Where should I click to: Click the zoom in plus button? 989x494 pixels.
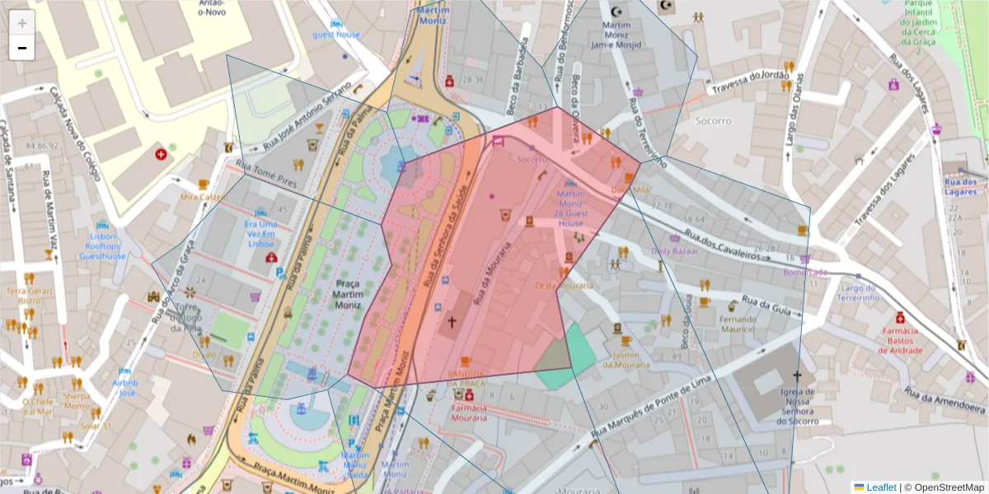[22, 23]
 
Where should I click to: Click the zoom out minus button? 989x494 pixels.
[22, 49]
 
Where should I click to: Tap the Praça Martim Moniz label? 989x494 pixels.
[348, 293]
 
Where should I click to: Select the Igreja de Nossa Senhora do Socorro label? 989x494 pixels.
[797, 407]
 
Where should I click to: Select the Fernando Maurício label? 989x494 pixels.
[738, 324]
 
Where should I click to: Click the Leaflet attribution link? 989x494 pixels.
[880, 487]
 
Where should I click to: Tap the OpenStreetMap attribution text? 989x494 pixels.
[948, 487]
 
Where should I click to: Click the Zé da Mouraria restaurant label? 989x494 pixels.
[564, 286]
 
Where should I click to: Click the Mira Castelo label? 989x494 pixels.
[203, 198]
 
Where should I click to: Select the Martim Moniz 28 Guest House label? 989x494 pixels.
[570, 208]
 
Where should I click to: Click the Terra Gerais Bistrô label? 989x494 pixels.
[29, 296]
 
